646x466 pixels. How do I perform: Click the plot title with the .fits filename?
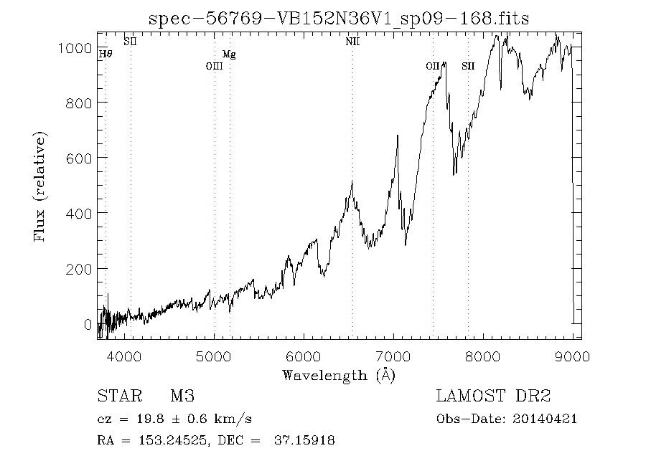[338, 19]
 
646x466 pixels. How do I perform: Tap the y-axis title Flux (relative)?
[40, 186]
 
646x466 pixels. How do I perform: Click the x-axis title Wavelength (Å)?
[339, 374]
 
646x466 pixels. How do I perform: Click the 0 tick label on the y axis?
[88, 324]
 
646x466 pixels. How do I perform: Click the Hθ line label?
[106, 54]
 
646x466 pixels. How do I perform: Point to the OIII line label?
[215, 66]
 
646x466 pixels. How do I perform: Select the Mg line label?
[229, 54]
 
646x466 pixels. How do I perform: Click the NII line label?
[352, 42]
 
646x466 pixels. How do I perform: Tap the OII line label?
[432, 66]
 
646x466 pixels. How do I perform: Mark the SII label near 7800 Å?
[468, 66]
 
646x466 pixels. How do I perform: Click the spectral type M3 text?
[182, 396]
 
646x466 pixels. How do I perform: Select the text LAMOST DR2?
[493, 396]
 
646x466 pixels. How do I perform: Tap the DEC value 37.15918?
[304, 440]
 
